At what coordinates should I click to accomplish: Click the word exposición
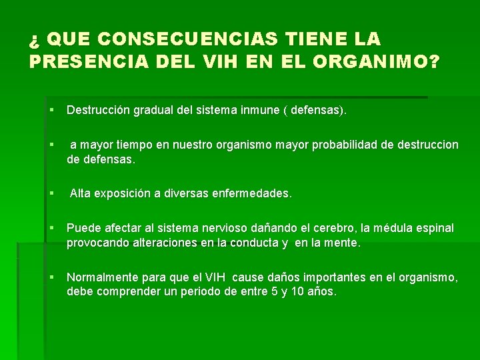(x=125, y=194)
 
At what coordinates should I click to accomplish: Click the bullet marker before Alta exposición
(x=50, y=194)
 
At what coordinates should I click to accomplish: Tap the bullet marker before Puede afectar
(x=50, y=229)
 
